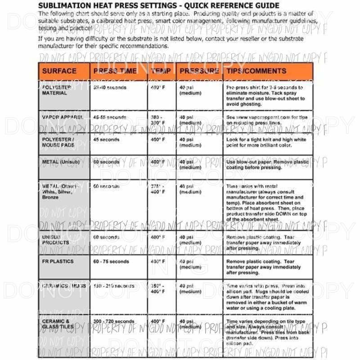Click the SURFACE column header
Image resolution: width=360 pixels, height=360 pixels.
coord(59,71)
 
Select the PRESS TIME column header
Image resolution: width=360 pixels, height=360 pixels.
coord(115,71)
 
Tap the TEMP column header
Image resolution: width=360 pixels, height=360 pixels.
coord(161,71)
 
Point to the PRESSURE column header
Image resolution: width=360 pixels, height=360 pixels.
coord(199,71)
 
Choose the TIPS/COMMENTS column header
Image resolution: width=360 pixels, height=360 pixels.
coord(256,71)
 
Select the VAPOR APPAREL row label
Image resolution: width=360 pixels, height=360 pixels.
coord(62,117)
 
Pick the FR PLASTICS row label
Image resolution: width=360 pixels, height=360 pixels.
coord(58,261)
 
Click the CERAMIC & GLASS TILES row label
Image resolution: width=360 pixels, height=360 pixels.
coord(56,324)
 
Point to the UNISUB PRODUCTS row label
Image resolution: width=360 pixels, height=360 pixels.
coord(56,239)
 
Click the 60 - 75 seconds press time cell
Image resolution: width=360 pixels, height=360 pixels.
coord(111,261)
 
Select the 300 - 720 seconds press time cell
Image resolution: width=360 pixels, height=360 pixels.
coord(113,321)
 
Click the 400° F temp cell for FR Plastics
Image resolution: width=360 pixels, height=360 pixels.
coord(158,261)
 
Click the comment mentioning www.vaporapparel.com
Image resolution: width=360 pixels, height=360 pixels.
coord(267,120)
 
